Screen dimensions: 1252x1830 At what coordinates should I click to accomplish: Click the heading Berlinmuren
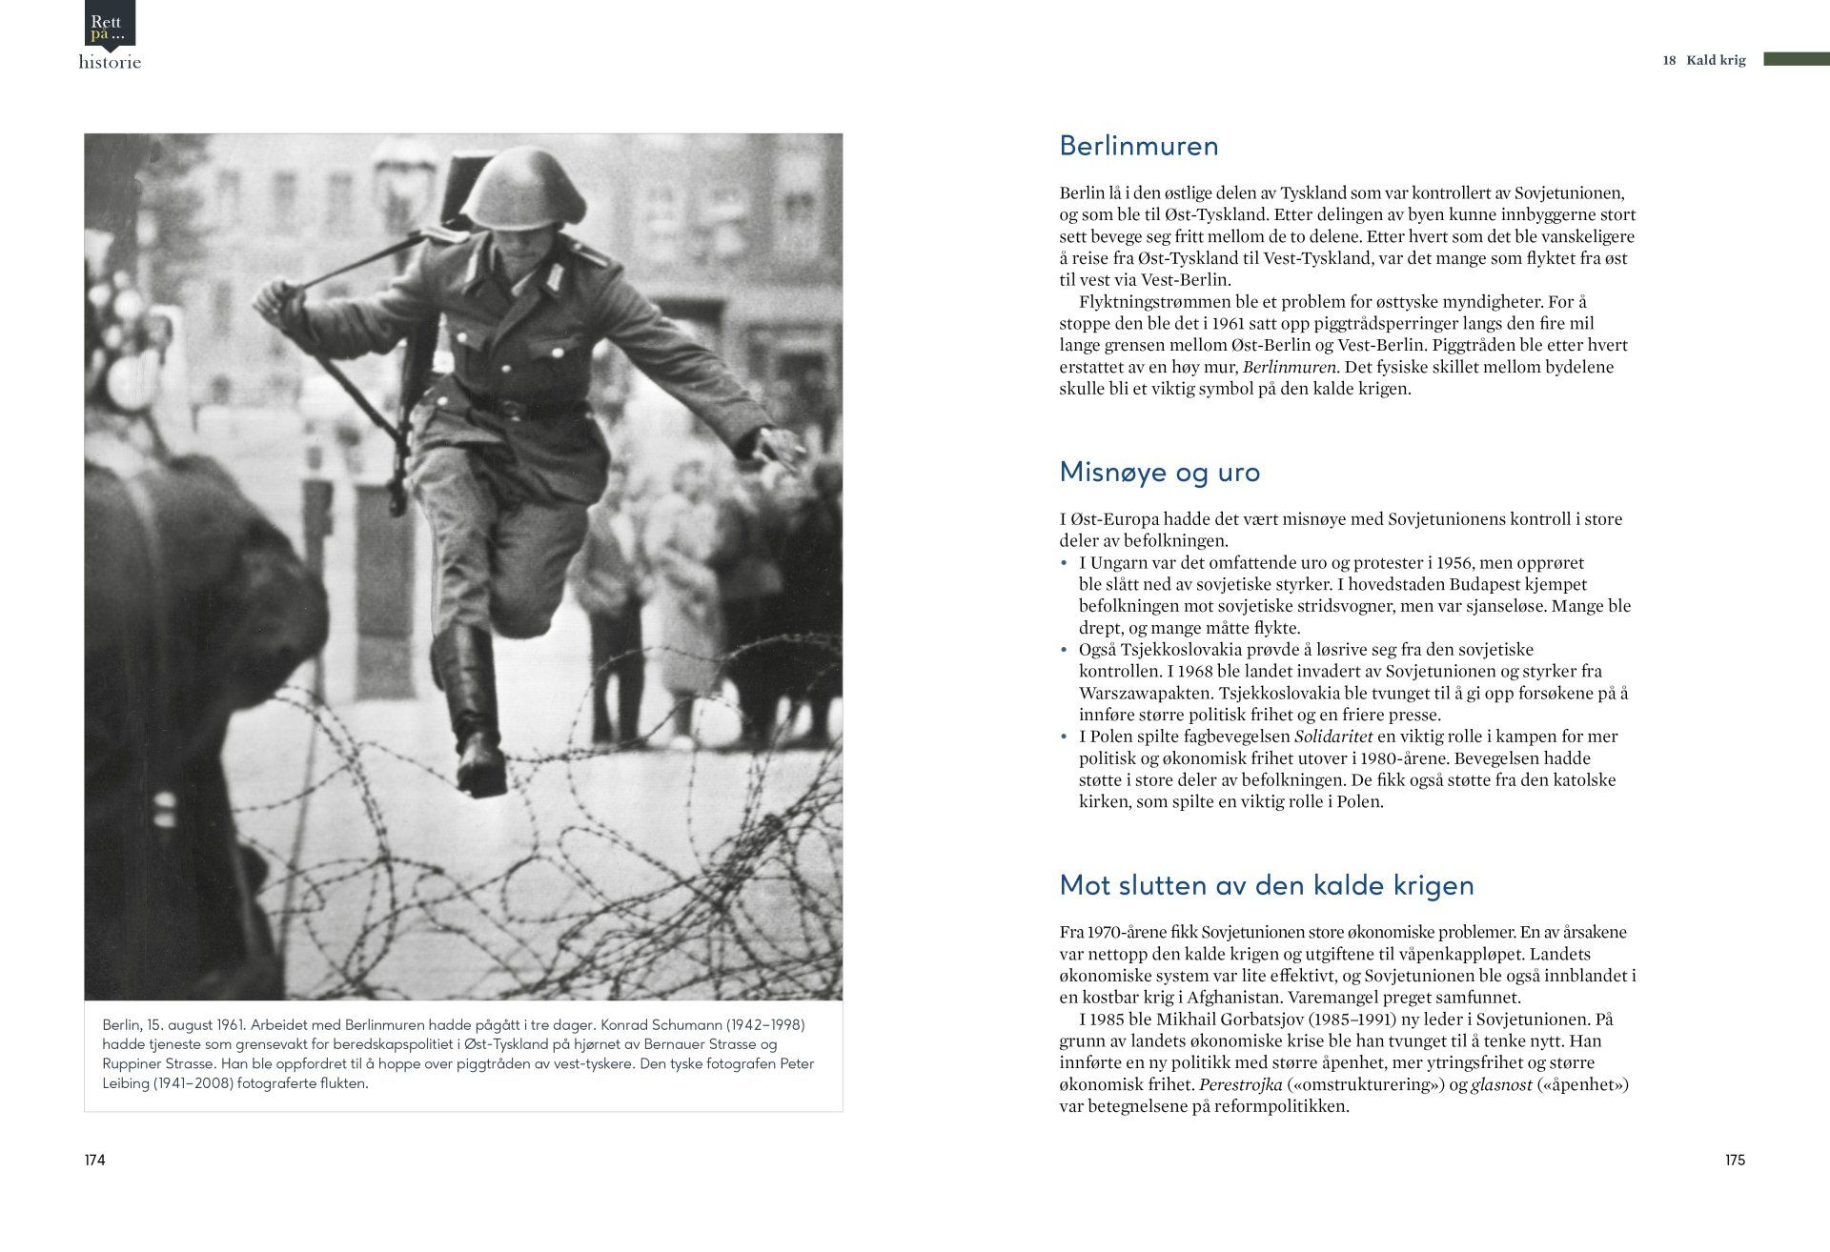click(1138, 146)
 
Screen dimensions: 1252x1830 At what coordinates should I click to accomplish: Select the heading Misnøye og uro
click(1159, 472)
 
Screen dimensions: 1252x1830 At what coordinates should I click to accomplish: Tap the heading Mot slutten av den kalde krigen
click(1266, 885)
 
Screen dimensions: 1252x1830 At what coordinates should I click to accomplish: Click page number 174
click(94, 1160)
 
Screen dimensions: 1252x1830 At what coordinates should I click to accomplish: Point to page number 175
click(1734, 1160)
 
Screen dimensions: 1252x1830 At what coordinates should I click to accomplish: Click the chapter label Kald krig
click(1715, 60)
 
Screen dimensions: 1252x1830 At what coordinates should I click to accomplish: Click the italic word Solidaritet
click(1332, 737)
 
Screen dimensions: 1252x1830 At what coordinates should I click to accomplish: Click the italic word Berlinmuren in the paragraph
click(1291, 367)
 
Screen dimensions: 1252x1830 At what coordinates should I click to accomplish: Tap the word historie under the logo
click(110, 62)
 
